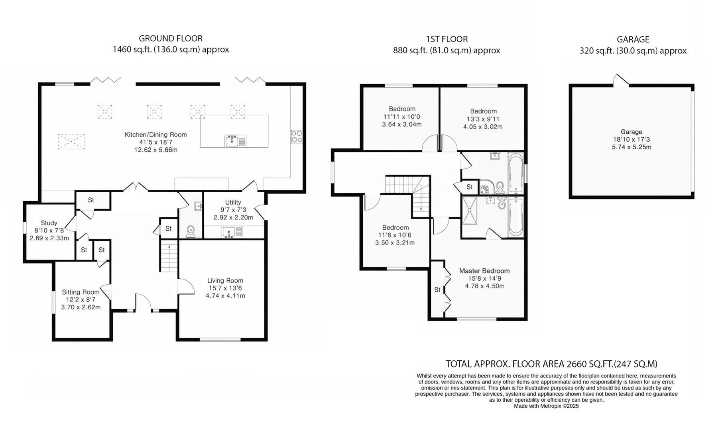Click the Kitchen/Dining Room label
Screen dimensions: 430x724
155,135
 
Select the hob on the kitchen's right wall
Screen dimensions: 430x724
297,137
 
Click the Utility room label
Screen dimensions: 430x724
233,202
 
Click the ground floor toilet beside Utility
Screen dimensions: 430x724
191,231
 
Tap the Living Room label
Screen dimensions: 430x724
225,280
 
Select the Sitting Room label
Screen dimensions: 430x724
81,292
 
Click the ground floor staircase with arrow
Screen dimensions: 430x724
169,257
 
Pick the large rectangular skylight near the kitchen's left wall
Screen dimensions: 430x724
72,141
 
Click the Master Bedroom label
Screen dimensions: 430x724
484,271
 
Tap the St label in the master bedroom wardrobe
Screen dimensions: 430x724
437,289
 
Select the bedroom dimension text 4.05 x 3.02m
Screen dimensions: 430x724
483,127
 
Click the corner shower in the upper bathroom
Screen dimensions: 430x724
485,187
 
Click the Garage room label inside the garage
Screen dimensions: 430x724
632,132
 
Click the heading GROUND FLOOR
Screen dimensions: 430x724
171,39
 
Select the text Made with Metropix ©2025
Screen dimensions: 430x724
546,406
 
